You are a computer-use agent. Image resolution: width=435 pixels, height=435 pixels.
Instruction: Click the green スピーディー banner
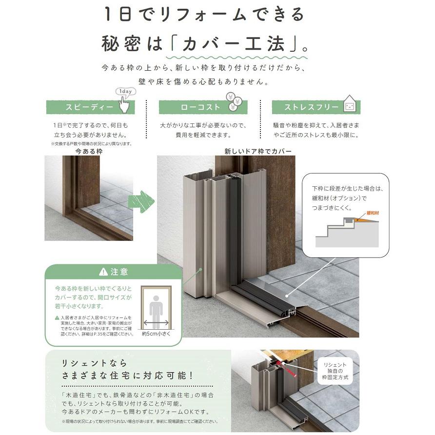point(90,107)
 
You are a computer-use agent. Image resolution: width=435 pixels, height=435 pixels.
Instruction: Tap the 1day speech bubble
point(125,92)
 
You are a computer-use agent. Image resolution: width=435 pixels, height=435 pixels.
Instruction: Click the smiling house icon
point(349,104)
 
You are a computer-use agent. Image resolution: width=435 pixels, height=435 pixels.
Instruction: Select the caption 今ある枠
point(89,152)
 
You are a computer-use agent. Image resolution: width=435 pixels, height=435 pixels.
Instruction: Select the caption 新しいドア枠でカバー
point(258,152)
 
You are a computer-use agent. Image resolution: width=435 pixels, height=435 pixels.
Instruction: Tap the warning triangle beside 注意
point(103,272)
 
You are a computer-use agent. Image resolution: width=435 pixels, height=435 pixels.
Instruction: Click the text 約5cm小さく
point(156,335)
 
